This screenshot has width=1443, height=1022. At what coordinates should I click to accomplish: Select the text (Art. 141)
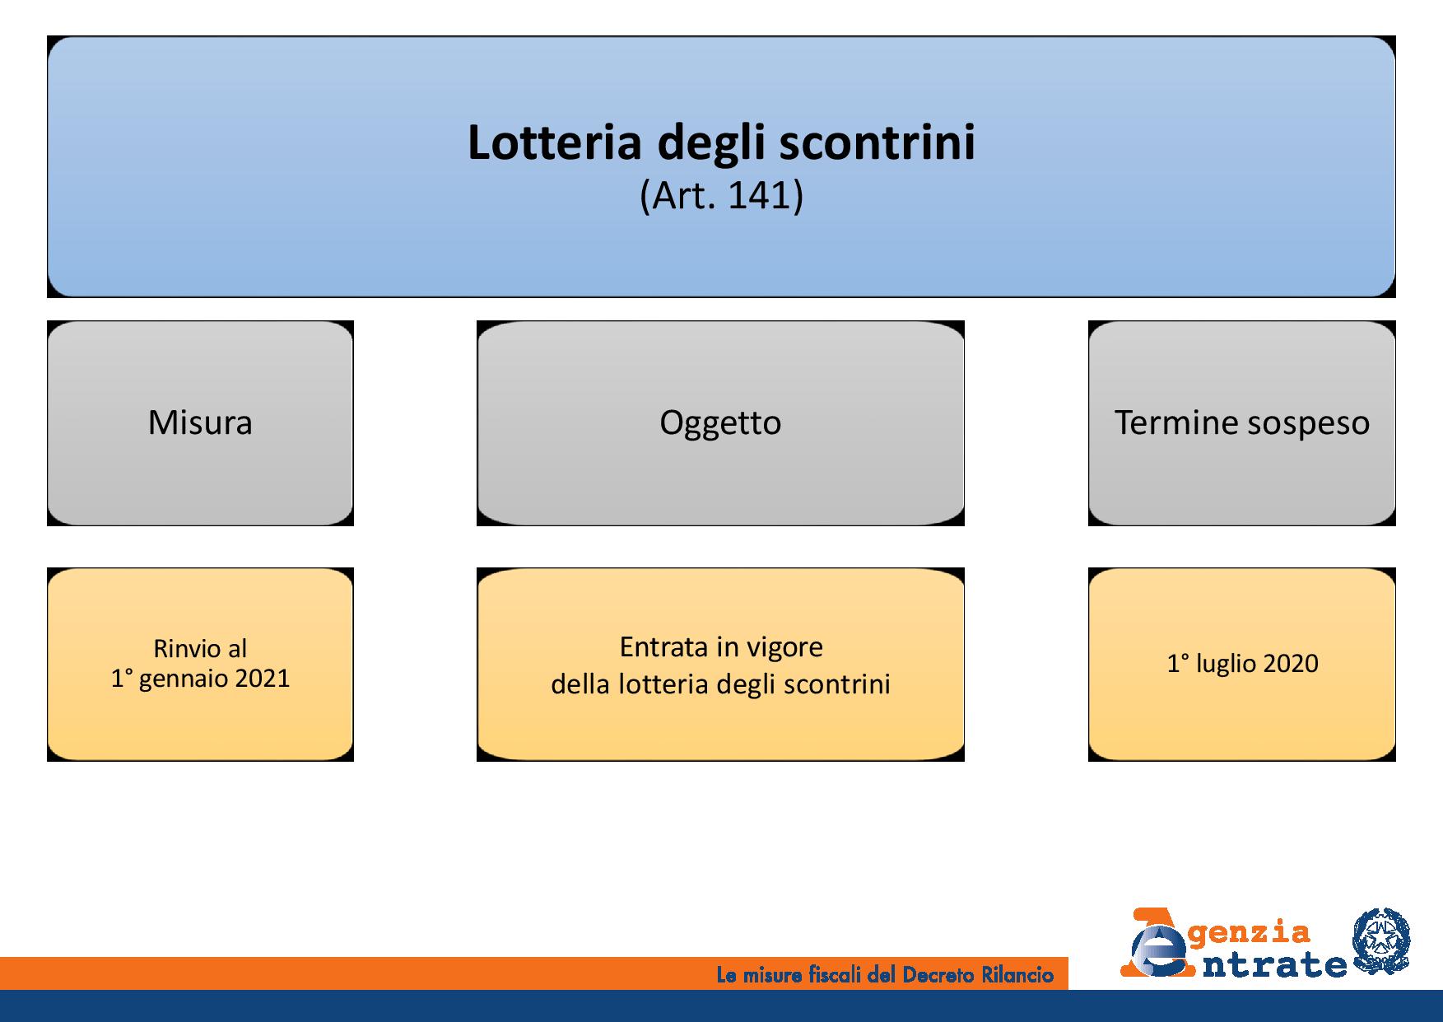[x=721, y=197]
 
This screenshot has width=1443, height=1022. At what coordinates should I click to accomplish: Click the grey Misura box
[x=200, y=422]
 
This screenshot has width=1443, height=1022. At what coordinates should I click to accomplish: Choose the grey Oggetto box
[x=720, y=422]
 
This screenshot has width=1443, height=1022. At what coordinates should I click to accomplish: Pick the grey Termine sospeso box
[x=1242, y=422]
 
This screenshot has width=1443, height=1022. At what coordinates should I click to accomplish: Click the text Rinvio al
[x=200, y=649]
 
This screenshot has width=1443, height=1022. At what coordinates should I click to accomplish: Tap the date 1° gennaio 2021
[x=200, y=679]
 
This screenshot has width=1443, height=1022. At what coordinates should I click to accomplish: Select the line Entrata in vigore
[x=721, y=647]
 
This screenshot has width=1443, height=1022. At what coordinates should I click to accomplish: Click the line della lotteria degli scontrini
[x=721, y=684]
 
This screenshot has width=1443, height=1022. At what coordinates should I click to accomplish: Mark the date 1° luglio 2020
[x=1242, y=664]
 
